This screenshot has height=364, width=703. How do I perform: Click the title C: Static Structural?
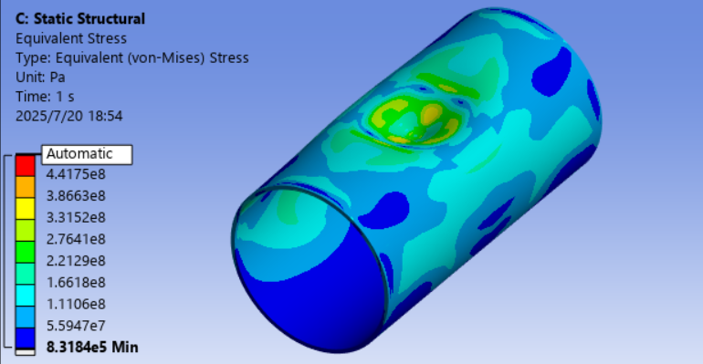[80, 19]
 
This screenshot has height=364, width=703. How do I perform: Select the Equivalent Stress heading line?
[71, 38]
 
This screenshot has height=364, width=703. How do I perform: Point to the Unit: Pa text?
[40, 77]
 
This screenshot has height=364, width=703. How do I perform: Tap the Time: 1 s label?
[45, 97]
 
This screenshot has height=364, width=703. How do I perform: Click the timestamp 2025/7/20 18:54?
[69, 116]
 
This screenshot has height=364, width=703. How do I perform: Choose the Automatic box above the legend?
[87, 154]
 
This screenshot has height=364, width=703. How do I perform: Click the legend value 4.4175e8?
[76, 173]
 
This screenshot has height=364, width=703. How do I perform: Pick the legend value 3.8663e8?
[76, 195]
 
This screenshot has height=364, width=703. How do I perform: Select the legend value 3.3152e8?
[76, 217]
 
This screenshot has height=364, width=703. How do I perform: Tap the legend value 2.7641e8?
[76, 239]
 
